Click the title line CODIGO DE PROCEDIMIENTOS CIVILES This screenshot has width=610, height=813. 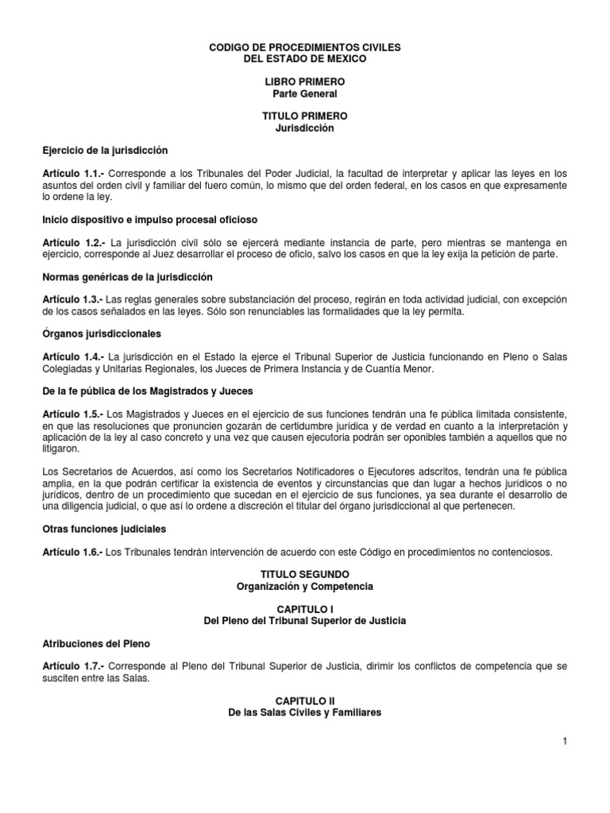pyautogui.click(x=305, y=48)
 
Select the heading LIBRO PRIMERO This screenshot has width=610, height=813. pyautogui.click(x=305, y=82)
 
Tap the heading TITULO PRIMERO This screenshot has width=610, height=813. pyautogui.click(x=305, y=116)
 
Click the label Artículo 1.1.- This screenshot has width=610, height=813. pyautogui.click(x=73, y=173)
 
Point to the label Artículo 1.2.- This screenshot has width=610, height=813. pyautogui.click(x=73, y=241)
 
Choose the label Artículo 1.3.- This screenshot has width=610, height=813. pyautogui.click(x=73, y=299)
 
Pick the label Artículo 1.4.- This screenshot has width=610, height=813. pyautogui.click(x=73, y=356)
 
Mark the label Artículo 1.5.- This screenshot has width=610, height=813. pyautogui.click(x=73, y=414)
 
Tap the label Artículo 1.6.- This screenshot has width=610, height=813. pyautogui.click(x=73, y=551)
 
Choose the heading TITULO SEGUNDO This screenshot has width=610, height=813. pyautogui.click(x=305, y=574)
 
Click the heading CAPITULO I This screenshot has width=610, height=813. pyautogui.click(x=305, y=608)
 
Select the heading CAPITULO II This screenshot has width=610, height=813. pyautogui.click(x=305, y=701)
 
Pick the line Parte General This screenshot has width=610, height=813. pyautogui.click(x=305, y=93)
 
